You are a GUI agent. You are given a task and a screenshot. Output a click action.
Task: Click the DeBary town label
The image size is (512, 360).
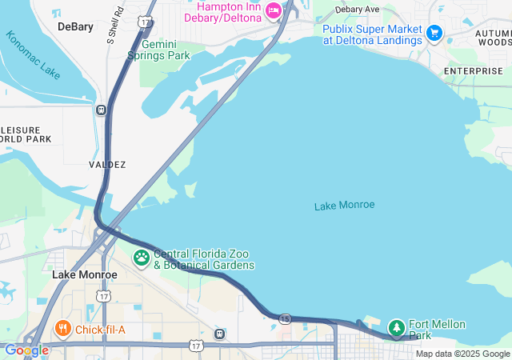pyautogui.click(x=75, y=26)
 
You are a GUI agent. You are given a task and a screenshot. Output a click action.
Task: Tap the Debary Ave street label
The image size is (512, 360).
pyautogui.click(x=357, y=9)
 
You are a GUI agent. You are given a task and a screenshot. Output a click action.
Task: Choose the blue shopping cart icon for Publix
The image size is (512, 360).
pyautogui.click(x=434, y=33)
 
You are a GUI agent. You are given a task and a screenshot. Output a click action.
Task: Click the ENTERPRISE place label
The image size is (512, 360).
pyautogui.click(x=474, y=71)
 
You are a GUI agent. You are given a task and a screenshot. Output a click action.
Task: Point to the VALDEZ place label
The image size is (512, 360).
pyautogui.click(x=107, y=164)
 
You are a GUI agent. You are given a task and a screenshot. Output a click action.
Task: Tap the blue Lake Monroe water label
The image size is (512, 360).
pyautogui.click(x=344, y=206)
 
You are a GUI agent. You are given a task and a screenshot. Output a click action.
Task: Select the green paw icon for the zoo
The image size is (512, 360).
pyautogui.click(x=142, y=258)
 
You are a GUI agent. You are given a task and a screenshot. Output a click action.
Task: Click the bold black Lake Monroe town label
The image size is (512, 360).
pyautogui.click(x=85, y=274)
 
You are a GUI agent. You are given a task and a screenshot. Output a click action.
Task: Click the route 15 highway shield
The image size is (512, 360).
pyautogui.click(x=286, y=318)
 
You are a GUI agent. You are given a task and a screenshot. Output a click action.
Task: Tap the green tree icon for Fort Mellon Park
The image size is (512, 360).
pyautogui.click(x=397, y=327)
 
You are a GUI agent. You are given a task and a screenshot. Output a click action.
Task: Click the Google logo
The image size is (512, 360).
pyautogui.click(x=26, y=350)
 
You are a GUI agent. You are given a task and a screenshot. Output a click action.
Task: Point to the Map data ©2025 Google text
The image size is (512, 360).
pyautogui.click(x=462, y=354)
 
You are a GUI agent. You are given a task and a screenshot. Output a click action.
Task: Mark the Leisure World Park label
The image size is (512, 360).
pyautogui.click(x=24, y=134)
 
